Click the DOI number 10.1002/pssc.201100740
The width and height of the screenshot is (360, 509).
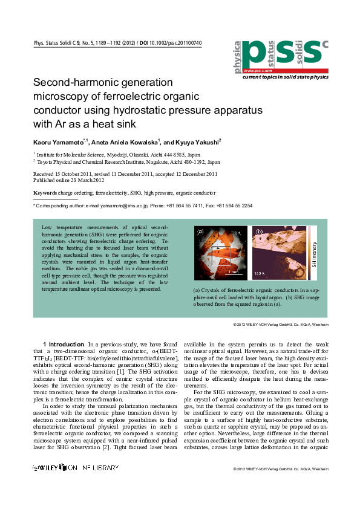[x=175, y=43]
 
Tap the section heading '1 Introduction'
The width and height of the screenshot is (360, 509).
[x=64, y=344]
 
